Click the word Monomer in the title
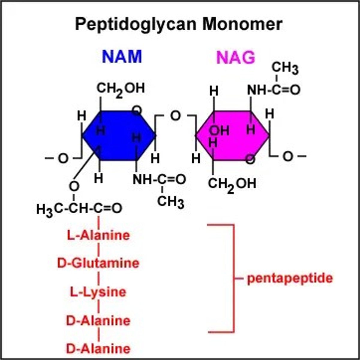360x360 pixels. click(242, 24)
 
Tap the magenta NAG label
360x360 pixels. click(235, 57)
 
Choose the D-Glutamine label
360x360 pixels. click(98, 263)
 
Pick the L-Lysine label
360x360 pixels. click(98, 292)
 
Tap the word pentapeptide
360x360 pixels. click(290, 278)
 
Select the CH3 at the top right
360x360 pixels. click(285, 68)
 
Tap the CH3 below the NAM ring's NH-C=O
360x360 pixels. click(170, 202)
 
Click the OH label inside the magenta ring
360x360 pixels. click(219, 131)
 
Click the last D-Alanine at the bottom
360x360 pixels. click(98, 349)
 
